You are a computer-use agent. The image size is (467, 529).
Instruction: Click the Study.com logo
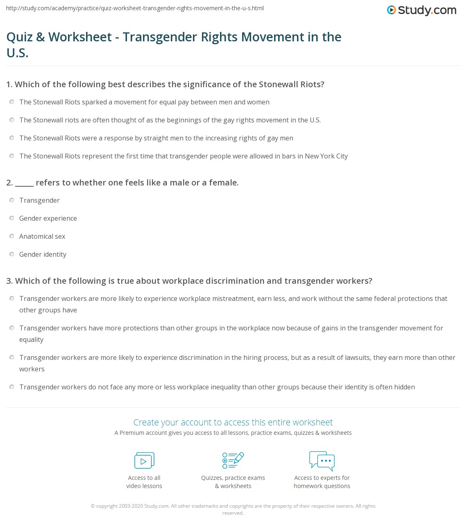pyautogui.click(x=422, y=10)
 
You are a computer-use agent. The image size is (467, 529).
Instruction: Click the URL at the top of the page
pyautogui.click(x=135, y=8)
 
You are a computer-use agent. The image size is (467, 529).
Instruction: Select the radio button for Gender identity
pyautogui.click(x=12, y=254)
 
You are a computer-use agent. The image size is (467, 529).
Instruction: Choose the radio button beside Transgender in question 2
pyautogui.click(x=12, y=200)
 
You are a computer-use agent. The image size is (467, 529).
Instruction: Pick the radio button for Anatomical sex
pyautogui.click(x=12, y=236)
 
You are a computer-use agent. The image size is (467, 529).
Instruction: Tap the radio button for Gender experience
pyautogui.click(x=12, y=218)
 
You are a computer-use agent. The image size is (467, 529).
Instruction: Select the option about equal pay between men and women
pyautogui.click(x=12, y=102)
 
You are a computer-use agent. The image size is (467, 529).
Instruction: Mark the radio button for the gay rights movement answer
pyautogui.click(x=12, y=120)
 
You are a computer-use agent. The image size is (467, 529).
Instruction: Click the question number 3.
pyautogui.click(x=9, y=281)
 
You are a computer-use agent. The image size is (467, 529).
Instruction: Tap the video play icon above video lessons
pyautogui.click(x=144, y=461)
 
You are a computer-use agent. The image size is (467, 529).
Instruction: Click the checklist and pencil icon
pyautogui.click(x=233, y=460)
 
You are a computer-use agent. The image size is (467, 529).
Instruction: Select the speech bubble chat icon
pyautogui.click(x=322, y=461)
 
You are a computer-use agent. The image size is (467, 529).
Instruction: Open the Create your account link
pyautogui.click(x=233, y=422)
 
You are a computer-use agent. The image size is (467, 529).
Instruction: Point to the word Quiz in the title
pyautogui.click(x=19, y=37)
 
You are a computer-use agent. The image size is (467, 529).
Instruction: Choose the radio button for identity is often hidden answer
pyautogui.click(x=12, y=387)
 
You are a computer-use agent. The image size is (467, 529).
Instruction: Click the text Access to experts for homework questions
pyautogui.click(x=322, y=482)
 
